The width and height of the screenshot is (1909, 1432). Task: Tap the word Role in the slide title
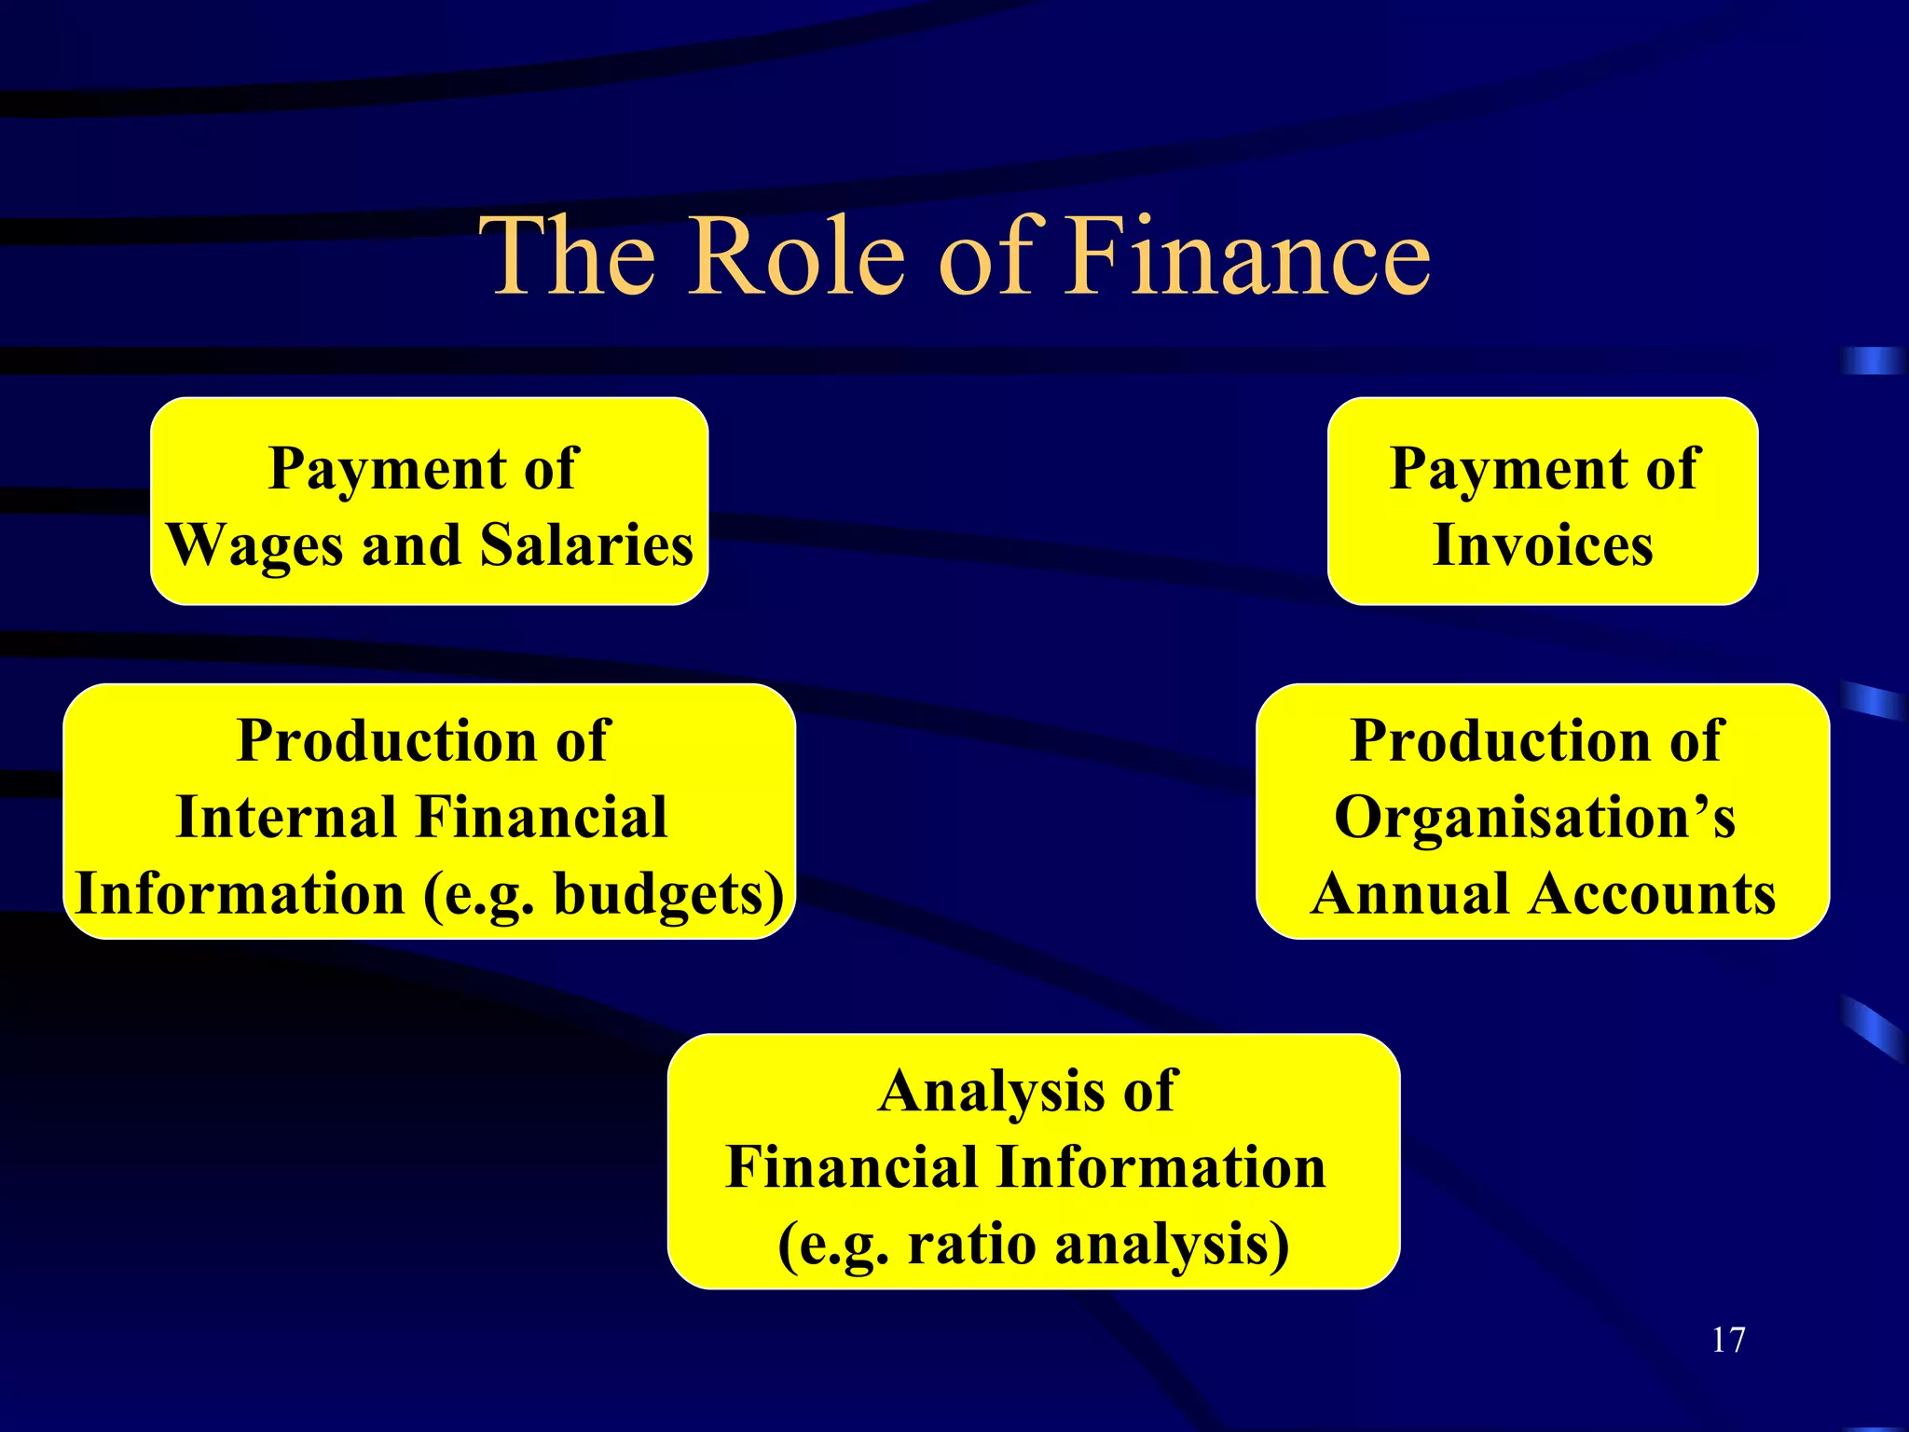click(797, 255)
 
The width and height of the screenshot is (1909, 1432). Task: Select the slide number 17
click(1727, 1340)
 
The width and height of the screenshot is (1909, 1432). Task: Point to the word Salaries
click(586, 544)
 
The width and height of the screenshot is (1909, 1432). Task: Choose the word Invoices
click(1543, 544)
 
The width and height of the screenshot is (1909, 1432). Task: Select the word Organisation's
click(1534, 818)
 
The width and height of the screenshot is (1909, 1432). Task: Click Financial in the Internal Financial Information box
click(541, 818)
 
